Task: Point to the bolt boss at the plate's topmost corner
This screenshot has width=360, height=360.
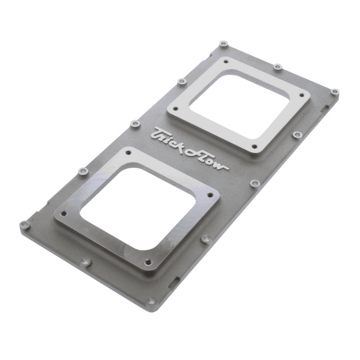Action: click(x=222, y=44)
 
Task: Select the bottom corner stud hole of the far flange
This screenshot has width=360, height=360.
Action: click(x=254, y=146)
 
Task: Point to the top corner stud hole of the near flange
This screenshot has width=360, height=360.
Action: click(x=128, y=152)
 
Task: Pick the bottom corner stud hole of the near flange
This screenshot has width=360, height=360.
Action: click(x=147, y=262)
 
